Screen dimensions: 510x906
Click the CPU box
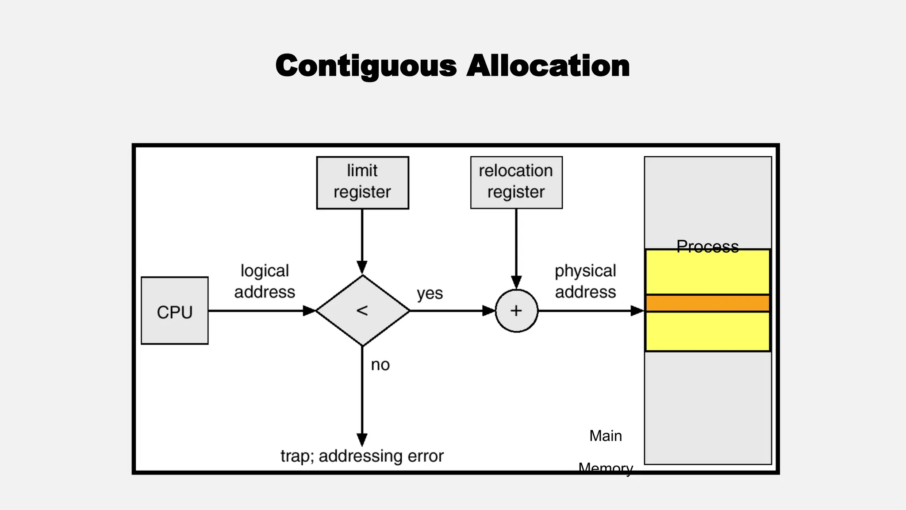174,311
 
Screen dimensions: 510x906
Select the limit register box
362,182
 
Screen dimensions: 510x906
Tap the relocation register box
516,182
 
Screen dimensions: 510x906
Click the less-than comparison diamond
362,311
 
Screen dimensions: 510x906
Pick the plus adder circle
516,311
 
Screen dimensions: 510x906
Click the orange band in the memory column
707,303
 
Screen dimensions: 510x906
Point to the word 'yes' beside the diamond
430,293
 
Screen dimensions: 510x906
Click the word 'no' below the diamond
380,365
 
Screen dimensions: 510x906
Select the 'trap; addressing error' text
362,456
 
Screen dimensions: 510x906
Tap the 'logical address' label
265,282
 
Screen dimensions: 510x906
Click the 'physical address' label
585,282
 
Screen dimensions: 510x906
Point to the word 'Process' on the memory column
707,247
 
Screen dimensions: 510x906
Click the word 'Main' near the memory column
605,436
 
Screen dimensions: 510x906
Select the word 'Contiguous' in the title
366,66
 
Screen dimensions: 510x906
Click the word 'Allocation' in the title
548,66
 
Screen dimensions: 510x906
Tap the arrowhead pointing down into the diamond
362,267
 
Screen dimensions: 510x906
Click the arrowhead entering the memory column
637,311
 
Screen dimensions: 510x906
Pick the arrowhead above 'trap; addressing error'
362,440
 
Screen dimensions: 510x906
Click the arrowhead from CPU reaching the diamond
309,311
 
